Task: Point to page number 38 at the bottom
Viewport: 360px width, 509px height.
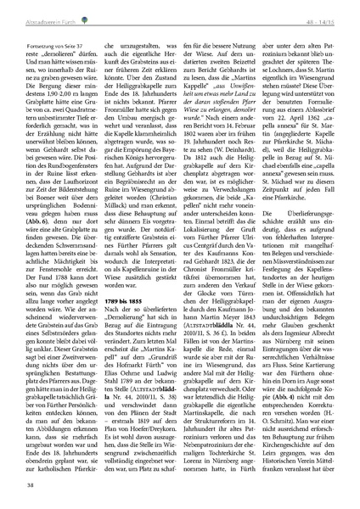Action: (x=31, y=484)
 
